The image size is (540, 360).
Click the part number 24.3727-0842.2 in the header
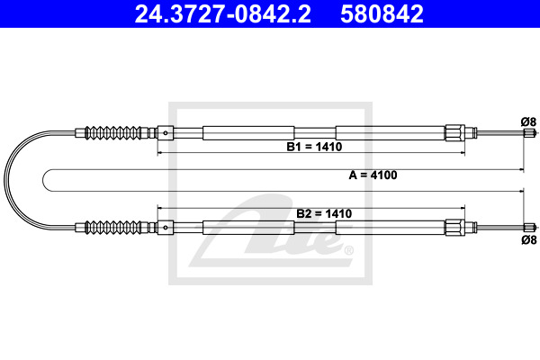point(222,13)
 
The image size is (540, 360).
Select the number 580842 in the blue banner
point(382,13)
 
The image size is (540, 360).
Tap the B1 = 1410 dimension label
point(314,147)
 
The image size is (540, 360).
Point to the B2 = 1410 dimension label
point(324,213)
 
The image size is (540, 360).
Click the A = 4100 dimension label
point(373,175)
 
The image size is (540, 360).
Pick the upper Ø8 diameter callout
point(528,122)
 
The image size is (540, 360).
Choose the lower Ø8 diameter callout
point(528,239)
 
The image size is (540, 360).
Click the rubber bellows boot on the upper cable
point(113,132)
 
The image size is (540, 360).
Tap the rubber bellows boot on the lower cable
point(113,227)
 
